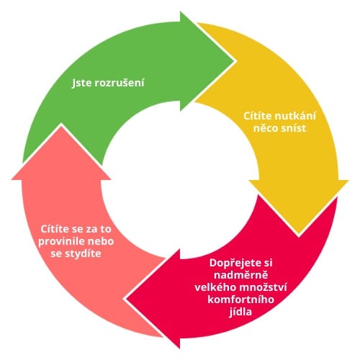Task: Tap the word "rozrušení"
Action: tap(120, 83)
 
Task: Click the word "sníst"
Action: tap(294, 128)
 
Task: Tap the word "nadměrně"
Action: tap(240, 275)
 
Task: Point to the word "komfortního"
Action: tap(240, 300)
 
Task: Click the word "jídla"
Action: tap(240, 312)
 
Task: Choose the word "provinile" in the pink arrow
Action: tap(61, 241)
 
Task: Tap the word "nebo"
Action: tap(101, 241)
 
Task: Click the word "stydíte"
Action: tap(82, 254)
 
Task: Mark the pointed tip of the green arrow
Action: tap(234, 61)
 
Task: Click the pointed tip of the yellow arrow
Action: tap(299, 234)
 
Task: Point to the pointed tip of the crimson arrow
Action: tap(126, 299)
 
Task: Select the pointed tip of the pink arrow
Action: tap(61, 125)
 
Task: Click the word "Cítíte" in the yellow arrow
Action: tap(257, 116)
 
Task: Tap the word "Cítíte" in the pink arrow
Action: tap(55, 229)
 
